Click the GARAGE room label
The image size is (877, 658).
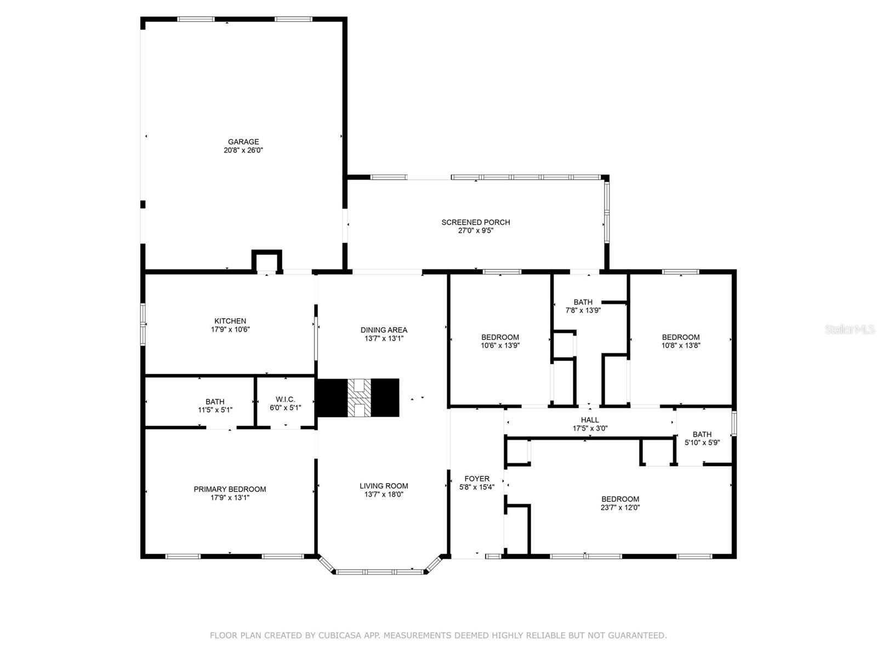click(243, 142)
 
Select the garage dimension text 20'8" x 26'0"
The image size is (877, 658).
click(243, 150)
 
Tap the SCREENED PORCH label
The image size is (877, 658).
click(475, 222)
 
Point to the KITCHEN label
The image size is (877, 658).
click(230, 321)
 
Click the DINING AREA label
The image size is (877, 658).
click(384, 330)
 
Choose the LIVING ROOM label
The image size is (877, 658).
click(384, 486)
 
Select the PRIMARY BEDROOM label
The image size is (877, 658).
click(230, 489)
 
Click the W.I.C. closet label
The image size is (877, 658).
click(285, 400)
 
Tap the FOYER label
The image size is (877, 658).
click(477, 479)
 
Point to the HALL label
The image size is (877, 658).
click(590, 420)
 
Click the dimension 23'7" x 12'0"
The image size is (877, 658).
click(620, 507)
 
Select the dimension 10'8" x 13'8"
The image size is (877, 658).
click(681, 345)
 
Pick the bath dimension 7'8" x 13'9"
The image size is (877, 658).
click(583, 310)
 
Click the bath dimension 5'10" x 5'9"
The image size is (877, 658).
click(702, 443)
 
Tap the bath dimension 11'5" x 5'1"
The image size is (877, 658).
click(215, 410)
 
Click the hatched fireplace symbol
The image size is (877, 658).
click(359, 398)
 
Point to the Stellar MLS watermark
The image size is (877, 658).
click(850, 329)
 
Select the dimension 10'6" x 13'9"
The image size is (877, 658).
click(500, 345)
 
